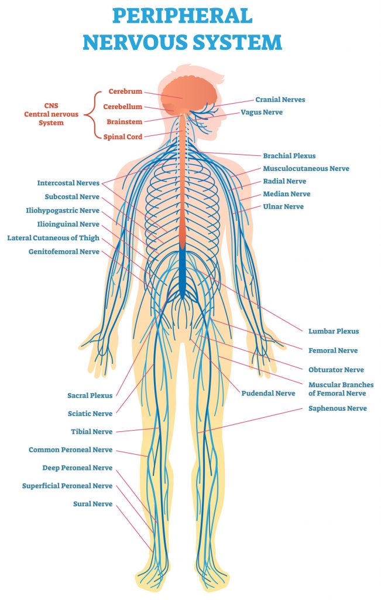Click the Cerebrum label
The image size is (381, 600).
point(125,92)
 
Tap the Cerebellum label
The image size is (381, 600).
point(123,107)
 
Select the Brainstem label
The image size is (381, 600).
point(123,122)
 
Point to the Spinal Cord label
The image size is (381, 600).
point(122,137)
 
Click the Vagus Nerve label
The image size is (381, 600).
point(262,112)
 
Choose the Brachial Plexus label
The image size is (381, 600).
point(289,156)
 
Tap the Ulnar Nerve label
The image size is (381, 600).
point(283,207)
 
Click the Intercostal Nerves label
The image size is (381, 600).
point(68,183)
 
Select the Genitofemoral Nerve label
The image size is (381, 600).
point(64,252)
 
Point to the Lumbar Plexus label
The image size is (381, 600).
point(334,332)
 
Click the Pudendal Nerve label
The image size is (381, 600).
point(268,393)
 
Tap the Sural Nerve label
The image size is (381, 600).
point(92,504)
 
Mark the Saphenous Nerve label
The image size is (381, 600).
point(338,408)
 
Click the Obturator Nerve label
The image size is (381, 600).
point(336,370)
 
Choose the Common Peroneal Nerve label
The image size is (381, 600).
point(70,450)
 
